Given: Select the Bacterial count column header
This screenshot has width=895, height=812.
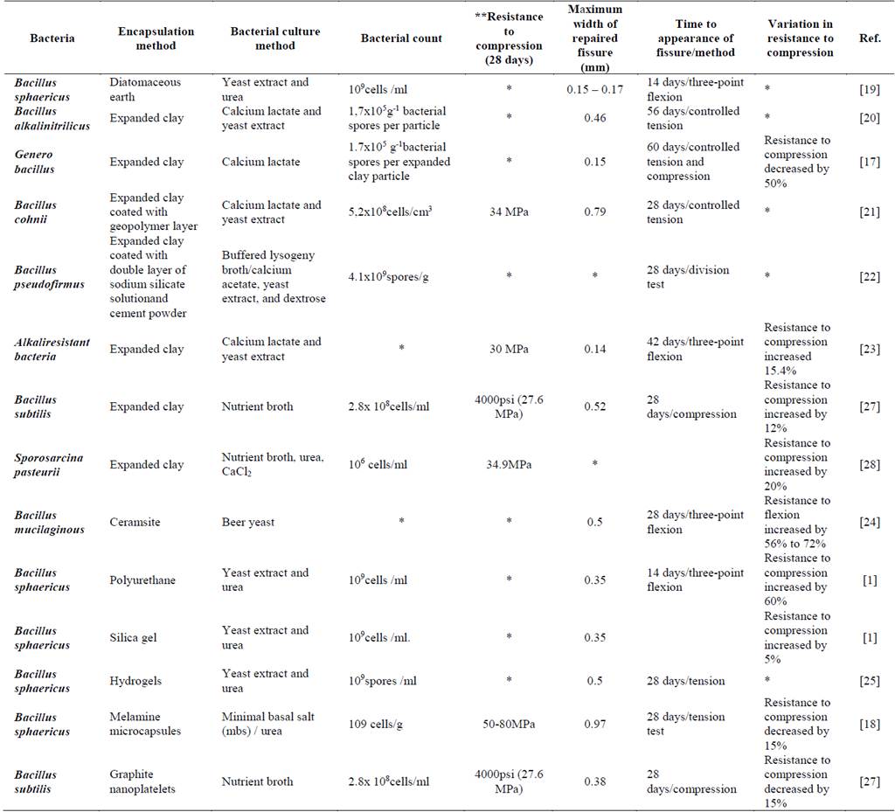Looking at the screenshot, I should coord(401,38).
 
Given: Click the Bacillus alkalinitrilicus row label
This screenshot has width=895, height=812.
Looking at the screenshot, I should coord(48,118).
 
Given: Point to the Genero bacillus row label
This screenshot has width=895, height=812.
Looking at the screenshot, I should coord(36,162).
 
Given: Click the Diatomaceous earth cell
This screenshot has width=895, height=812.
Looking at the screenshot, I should coord(145,89).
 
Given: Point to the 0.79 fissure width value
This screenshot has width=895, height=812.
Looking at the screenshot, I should coord(594,212).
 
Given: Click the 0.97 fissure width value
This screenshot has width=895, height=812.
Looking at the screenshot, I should coord(594,724).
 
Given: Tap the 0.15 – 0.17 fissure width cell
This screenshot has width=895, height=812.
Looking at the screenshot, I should coord(594,89).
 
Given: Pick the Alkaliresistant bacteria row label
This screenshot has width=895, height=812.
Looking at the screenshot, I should coord(52,349).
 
